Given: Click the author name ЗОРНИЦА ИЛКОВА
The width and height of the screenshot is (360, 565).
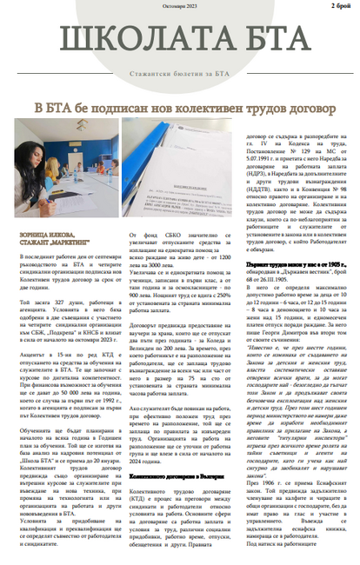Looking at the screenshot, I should click(36, 233).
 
